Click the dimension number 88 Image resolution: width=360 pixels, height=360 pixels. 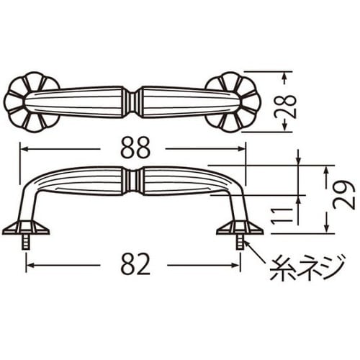[133, 149]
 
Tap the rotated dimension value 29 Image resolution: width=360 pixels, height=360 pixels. [343, 195]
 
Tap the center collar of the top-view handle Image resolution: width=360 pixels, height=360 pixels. [132, 101]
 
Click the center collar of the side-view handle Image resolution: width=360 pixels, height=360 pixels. [132, 181]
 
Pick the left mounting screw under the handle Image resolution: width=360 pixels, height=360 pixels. [27, 241]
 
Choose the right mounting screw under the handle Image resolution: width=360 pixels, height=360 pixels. [238, 241]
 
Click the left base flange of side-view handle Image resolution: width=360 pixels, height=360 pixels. [26, 228]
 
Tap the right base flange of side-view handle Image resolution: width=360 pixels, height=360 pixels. [239, 228]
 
